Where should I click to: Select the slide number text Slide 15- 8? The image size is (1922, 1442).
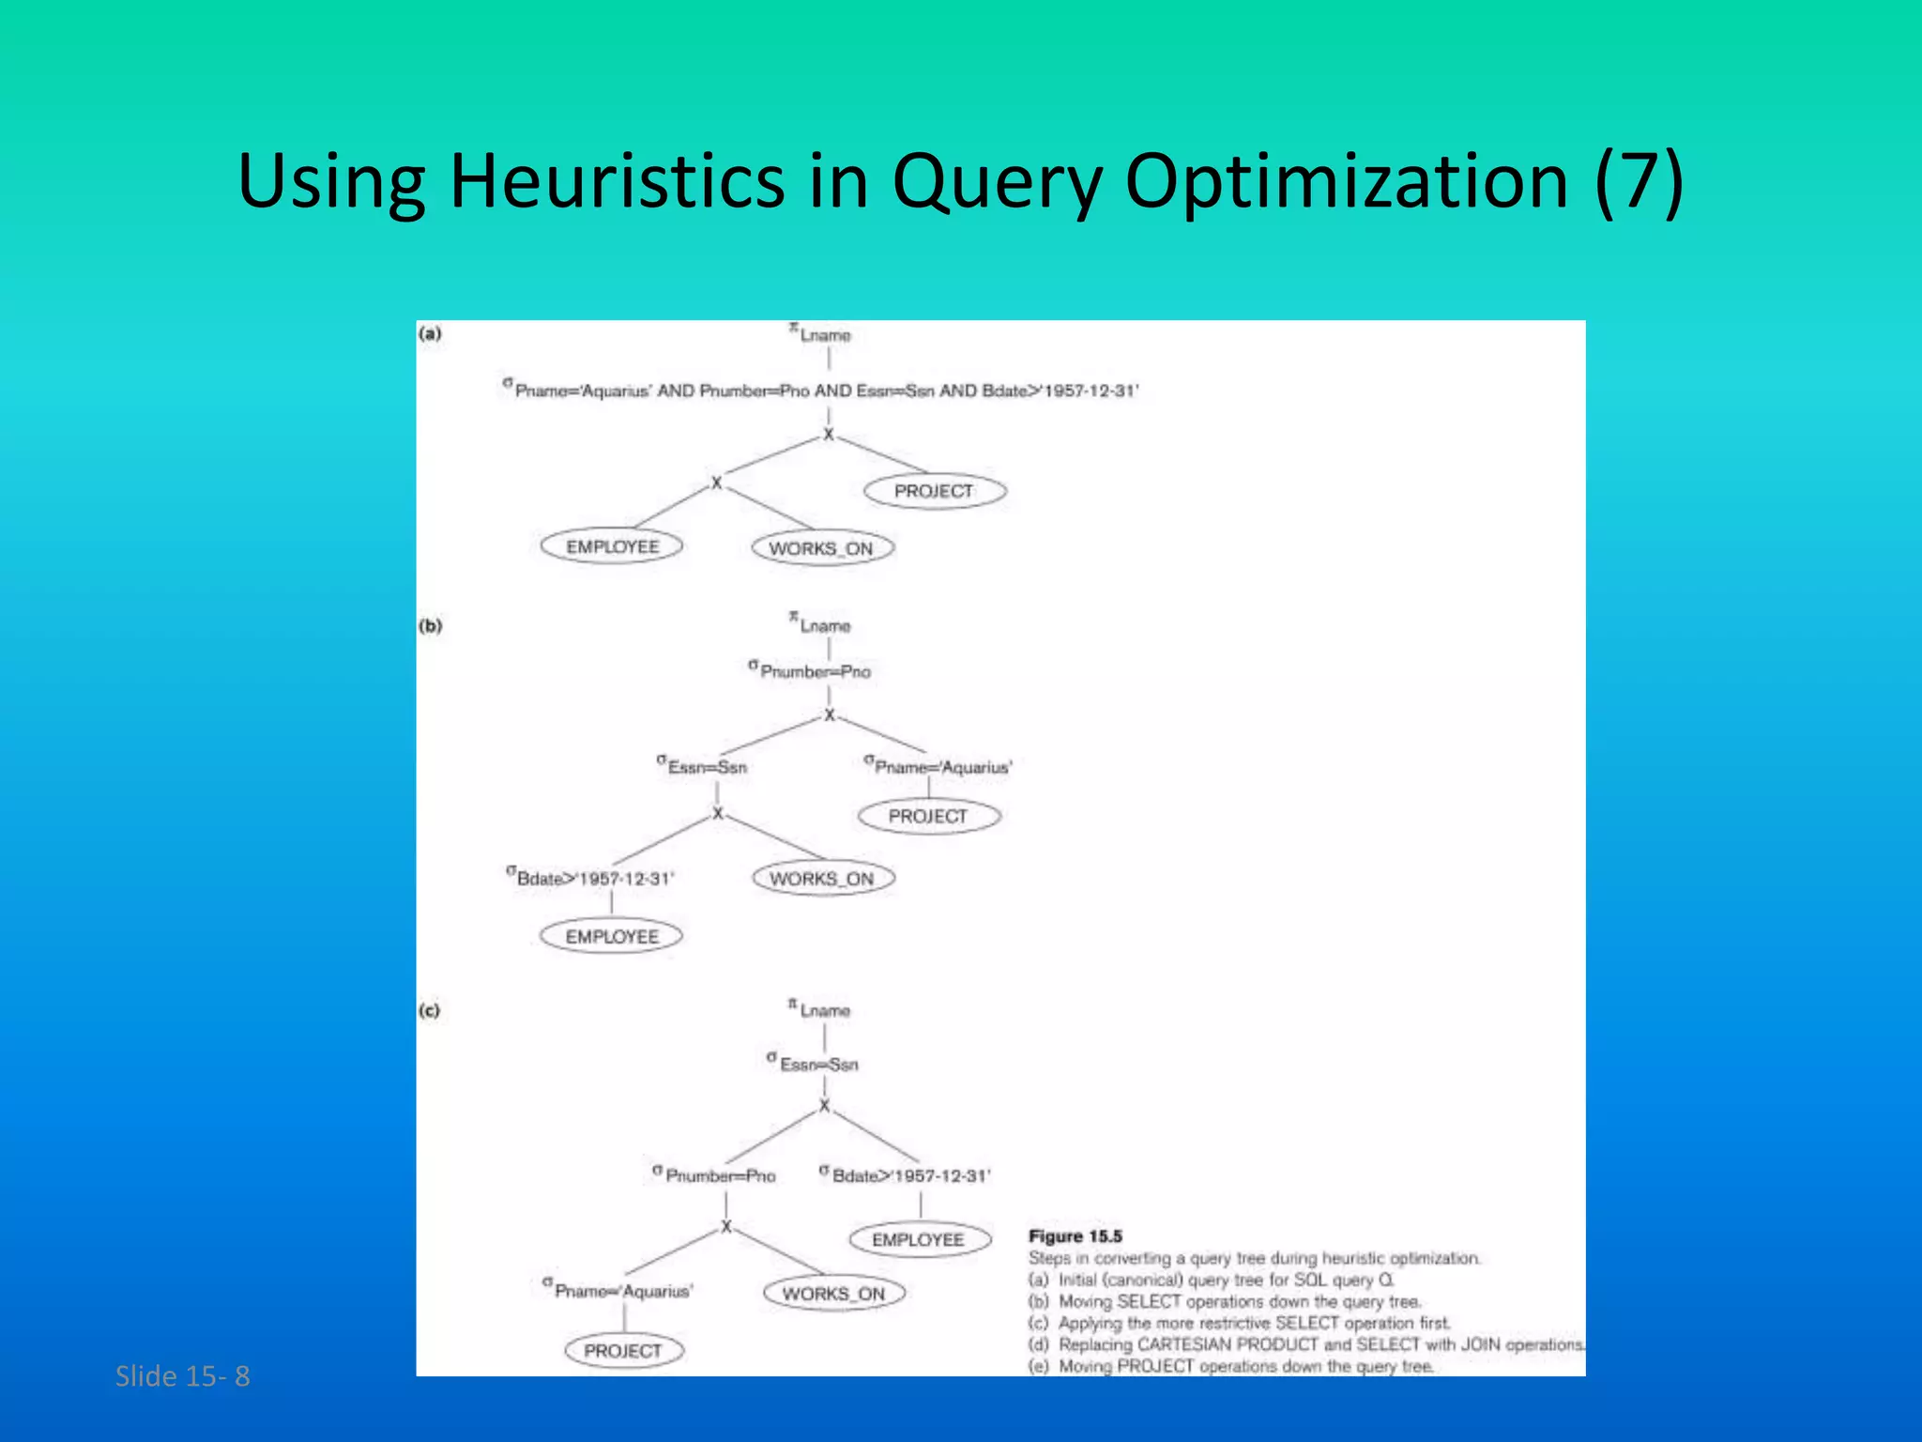[x=182, y=1376]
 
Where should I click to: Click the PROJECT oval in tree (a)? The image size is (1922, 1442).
[x=934, y=491]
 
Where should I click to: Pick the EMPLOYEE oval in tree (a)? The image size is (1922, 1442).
[x=612, y=546]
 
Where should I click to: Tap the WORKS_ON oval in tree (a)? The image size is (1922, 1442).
[x=821, y=548]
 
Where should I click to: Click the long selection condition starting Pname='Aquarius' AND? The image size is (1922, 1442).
[x=821, y=391]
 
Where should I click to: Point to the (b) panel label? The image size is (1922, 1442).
[x=430, y=626]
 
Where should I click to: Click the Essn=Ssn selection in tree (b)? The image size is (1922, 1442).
[x=705, y=767]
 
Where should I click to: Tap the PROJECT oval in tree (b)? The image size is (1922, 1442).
[x=928, y=816]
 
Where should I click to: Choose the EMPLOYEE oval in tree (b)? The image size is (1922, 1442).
[x=612, y=936]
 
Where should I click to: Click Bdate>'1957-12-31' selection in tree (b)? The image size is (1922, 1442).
[x=592, y=879]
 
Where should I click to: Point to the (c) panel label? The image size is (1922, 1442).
[x=429, y=1011]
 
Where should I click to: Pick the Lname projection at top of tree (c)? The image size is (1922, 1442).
[x=821, y=1010]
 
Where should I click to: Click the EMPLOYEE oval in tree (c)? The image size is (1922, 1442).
[x=918, y=1239]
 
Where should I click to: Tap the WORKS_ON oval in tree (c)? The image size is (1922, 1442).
[x=833, y=1294]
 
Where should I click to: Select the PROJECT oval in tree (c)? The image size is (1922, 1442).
[x=623, y=1351]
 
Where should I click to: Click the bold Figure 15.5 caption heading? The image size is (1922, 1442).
[x=1075, y=1236]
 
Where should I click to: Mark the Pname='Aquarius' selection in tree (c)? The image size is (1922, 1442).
[x=620, y=1291]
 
